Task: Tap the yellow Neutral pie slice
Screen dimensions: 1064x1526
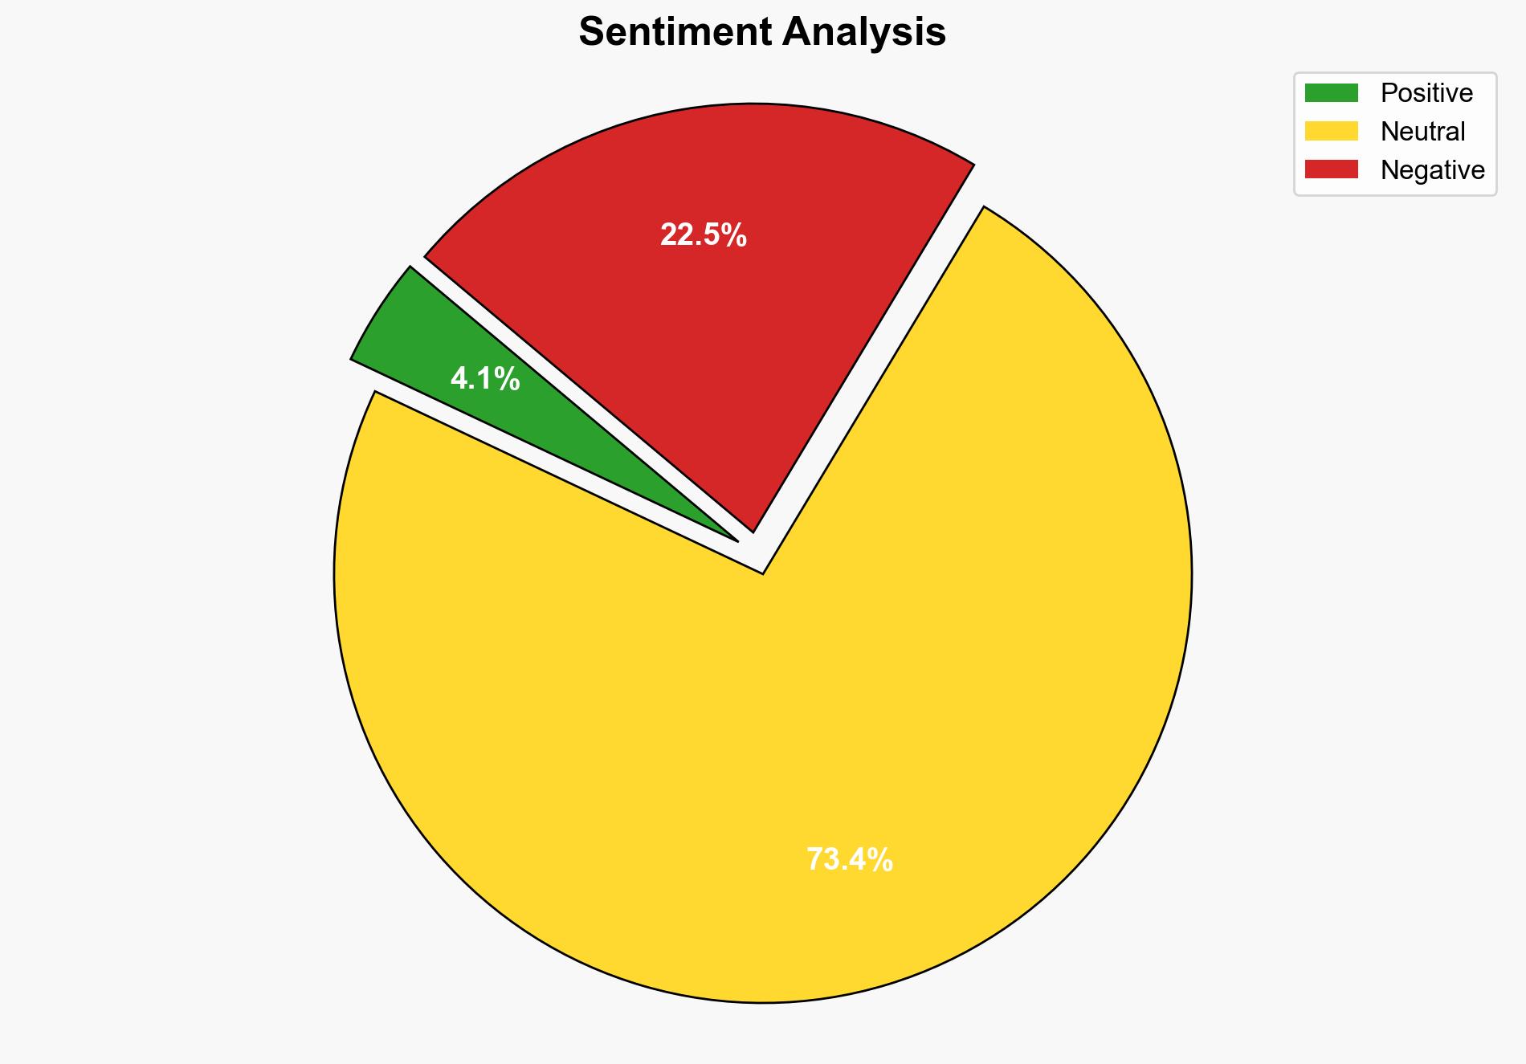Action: tap(763, 723)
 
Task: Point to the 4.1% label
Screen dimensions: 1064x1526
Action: tap(485, 379)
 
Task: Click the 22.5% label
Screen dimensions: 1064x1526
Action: tap(704, 235)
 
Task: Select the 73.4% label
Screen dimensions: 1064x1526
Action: tap(850, 860)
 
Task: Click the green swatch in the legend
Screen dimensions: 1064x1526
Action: tap(1331, 93)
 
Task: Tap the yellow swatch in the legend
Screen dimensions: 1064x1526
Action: tap(1331, 131)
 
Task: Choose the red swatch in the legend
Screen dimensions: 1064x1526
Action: tap(1331, 169)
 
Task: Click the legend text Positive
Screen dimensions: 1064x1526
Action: tap(1426, 93)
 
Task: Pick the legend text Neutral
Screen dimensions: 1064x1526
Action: tap(1422, 131)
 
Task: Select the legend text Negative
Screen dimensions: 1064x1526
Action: tap(1432, 169)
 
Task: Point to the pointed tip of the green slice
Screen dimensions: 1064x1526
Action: tap(736, 540)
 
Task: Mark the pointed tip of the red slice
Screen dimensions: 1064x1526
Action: tap(753, 531)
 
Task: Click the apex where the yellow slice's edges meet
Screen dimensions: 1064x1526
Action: tap(763, 573)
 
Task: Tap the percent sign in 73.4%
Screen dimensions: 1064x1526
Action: tap(881, 860)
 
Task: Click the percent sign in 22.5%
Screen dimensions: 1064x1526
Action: tap(735, 235)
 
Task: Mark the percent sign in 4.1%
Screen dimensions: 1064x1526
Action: tap(508, 379)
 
